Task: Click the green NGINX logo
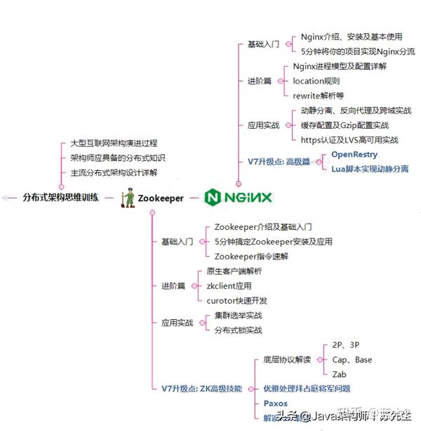(x=238, y=198)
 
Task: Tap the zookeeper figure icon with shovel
(x=128, y=198)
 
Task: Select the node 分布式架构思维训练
(x=60, y=198)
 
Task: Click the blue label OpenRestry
(x=354, y=154)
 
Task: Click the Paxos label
(x=275, y=404)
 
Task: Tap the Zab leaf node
(x=340, y=374)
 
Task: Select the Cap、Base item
(x=352, y=360)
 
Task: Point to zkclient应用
(x=229, y=286)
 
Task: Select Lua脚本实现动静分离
(x=370, y=169)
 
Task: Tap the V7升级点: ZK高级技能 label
(x=201, y=388)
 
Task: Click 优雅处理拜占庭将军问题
(x=307, y=388)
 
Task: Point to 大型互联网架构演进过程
(x=114, y=143)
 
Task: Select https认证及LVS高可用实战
(x=349, y=139)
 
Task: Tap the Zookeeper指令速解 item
(x=251, y=257)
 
